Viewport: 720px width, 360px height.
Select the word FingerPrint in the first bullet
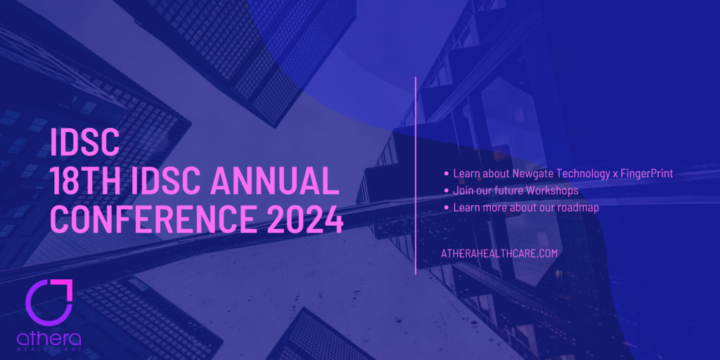(645, 173)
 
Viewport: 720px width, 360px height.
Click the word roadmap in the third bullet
(577, 207)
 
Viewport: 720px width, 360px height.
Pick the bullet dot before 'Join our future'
(446, 191)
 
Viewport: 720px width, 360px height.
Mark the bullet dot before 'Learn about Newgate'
(446, 173)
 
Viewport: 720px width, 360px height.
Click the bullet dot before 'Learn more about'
(446, 207)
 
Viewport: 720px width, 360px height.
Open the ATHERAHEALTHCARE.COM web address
(499, 253)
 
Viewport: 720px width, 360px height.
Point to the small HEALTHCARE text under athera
(49, 349)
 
